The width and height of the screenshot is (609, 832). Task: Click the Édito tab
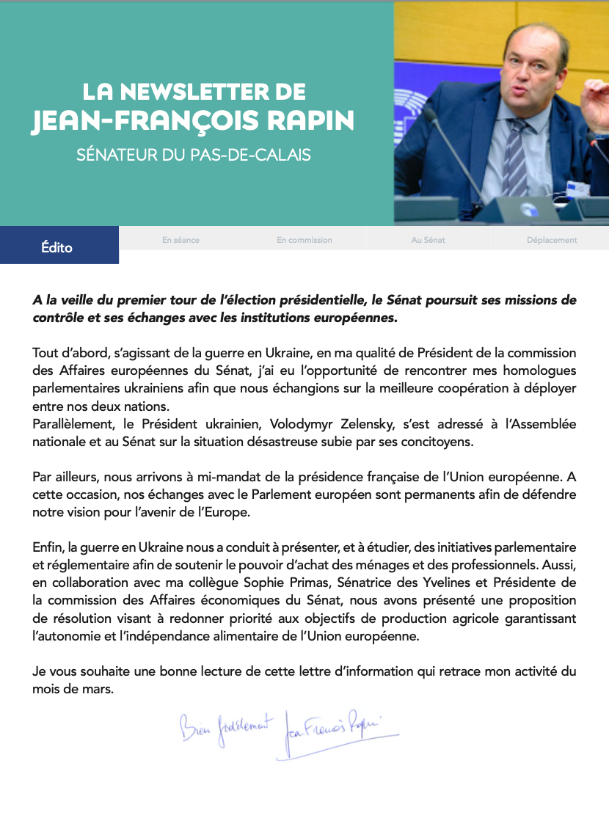(x=57, y=247)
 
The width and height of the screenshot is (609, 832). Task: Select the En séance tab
(x=180, y=240)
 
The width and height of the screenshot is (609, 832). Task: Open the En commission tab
(x=304, y=240)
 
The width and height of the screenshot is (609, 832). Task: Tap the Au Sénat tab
(x=429, y=240)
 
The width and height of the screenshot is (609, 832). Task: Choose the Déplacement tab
(x=552, y=240)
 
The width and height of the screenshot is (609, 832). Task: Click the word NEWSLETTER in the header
(x=191, y=92)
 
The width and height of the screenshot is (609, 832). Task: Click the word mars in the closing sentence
(x=100, y=689)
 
